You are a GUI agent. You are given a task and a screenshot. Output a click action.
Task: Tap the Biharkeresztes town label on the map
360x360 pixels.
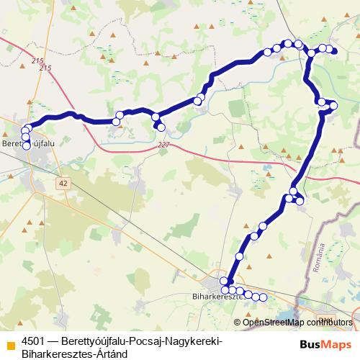[x=216, y=296]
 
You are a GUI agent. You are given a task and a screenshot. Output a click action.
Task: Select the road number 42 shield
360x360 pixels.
[x=64, y=184]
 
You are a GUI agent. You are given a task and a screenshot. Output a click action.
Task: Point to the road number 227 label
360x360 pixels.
[x=164, y=145]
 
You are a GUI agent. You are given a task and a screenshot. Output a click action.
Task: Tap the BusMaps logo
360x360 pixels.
[x=332, y=344]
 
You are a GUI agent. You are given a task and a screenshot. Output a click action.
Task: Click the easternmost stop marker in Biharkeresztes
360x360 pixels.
[x=263, y=297]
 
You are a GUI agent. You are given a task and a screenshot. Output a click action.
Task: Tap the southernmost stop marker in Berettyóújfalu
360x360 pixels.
[x=27, y=145]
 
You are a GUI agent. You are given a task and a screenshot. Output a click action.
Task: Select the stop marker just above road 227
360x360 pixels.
[x=161, y=127]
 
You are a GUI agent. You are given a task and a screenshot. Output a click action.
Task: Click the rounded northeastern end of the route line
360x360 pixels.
[x=334, y=50]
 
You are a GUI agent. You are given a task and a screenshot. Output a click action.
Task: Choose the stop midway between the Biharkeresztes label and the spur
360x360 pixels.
[x=254, y=236]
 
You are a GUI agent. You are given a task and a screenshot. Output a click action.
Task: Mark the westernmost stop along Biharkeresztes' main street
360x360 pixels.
[x=225, y=289]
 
